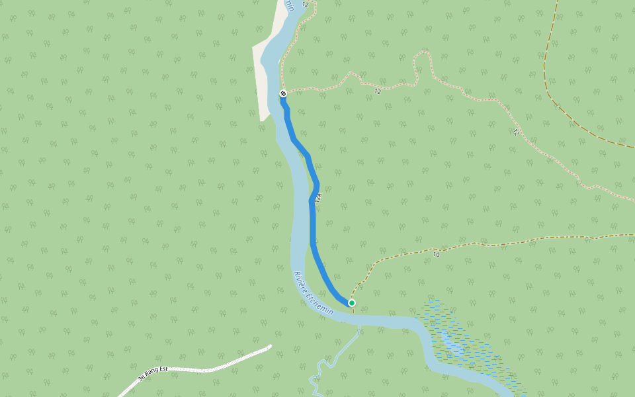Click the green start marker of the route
(x=352, y=303)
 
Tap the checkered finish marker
(x=283, y=93)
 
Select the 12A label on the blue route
(x=318, y=197)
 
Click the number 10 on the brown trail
(x=436, y=254)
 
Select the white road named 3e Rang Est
(x=218, y=365)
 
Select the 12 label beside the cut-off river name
(x=305, y=5)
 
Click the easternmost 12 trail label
(x=515, y=132)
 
